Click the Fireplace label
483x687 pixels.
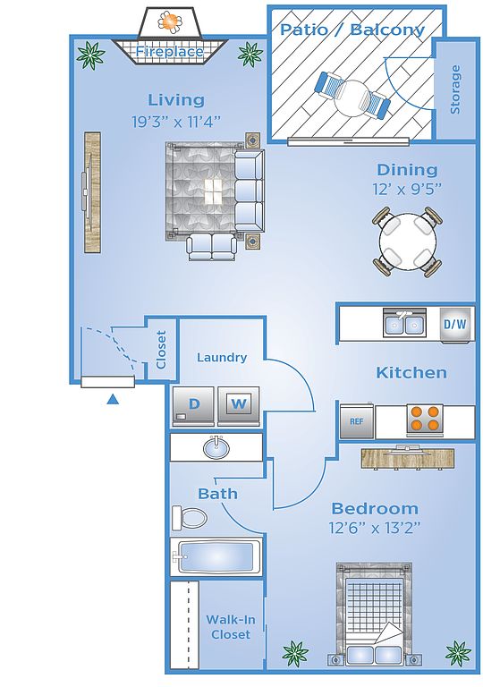pyautogui.click(x=169, y=52)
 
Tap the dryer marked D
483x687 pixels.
pyautogui.click(x=193, y=406)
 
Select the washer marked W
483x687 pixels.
pyautogui.click(x=239, y=406)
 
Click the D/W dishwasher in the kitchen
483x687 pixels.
pyautogui.click(x=455, y=325)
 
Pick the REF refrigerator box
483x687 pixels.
pyautogui.click(x=357, y=421)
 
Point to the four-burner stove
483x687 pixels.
pyautogui.click(x=423, y=419)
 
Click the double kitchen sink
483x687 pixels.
pyautogui.click(x=404, y=323)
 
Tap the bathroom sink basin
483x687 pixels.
pyautogui.click(x=216, y=447)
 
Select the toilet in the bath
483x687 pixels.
pyautogui.click(x=189, y=518)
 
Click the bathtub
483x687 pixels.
pyautogui.click(x=216, y=556)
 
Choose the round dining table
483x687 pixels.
pyautogui.click(x=408, y=242)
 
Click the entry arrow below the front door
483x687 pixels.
pyautogui.click(x=113, y=399)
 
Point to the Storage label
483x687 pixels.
pyautogui.click(x=456, y=89)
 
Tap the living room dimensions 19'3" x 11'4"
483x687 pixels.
pyautogui.click(x=175, y=122)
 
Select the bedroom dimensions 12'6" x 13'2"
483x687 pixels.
pyautogui.click(x=375, y=528)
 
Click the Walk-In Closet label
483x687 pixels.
pyautogui.click(x=231, y=627)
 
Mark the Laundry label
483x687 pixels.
pyautogui.click(x=222, y=358)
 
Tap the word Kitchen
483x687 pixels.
pyautogui.click(x=411, y=373)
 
